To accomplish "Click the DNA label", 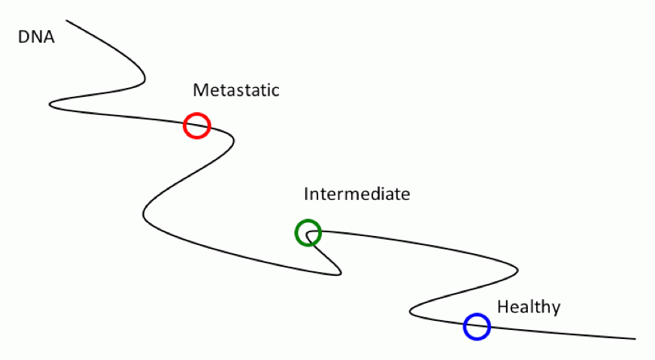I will coord(36,37).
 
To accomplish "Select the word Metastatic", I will coord(236,91).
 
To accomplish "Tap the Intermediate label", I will coord(356,195).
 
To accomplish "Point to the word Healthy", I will coord(529,307).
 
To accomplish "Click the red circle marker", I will coord(196,126).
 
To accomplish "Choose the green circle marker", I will coord(308,233).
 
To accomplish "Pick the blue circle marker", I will coord(477,327).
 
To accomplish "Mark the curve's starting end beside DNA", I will coord(67,20).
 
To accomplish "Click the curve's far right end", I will coord(635,339).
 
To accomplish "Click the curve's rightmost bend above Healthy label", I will coord(517,267).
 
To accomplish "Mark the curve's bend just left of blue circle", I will coord(411,310).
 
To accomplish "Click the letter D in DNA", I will coord(23,37).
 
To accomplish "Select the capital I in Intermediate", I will coord(307,195).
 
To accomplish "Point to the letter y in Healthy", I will coord(556,309).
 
